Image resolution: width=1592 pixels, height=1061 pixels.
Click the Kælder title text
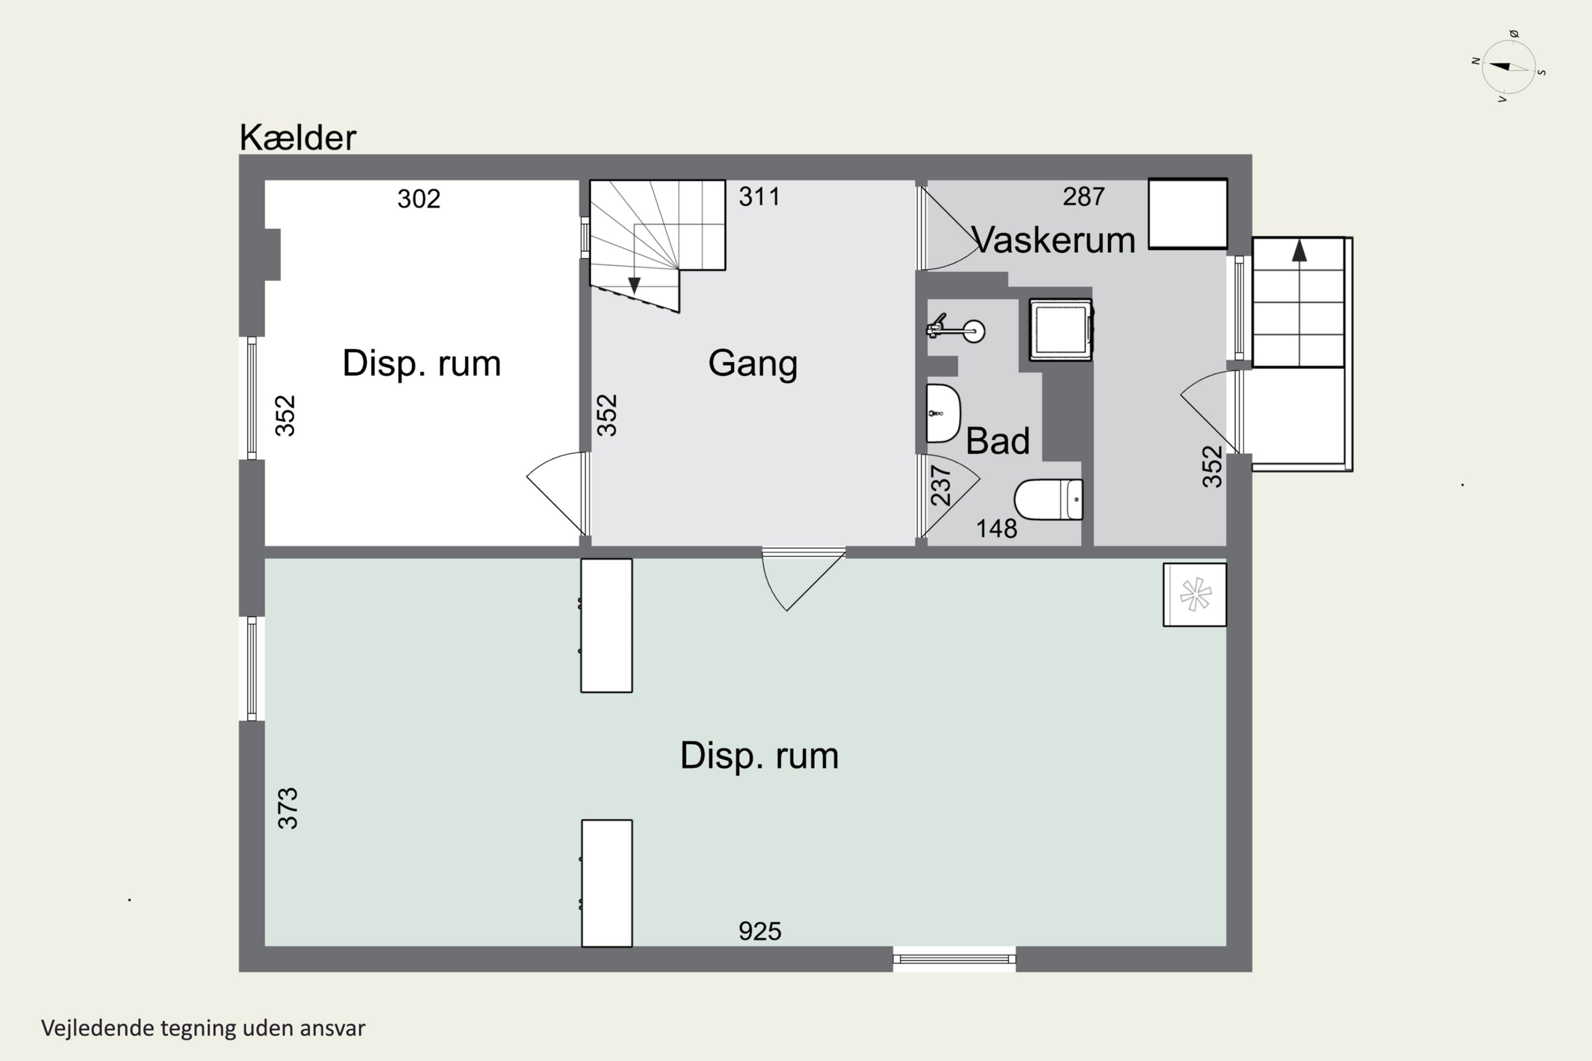tap(298, 137)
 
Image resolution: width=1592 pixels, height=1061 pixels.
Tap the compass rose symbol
tap(1508, 67)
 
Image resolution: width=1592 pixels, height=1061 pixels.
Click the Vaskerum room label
tap(1053, 240)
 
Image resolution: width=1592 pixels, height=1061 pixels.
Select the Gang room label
tap(752, 363)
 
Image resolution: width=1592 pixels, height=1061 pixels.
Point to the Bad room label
tap(997, 441)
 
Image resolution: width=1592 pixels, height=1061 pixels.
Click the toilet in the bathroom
tap(1048, 499)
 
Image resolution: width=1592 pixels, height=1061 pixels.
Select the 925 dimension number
tap(759, 932)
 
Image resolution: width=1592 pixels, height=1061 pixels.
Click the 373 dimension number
tap(288, 808)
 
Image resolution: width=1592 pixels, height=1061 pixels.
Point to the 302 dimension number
tap(418, 199)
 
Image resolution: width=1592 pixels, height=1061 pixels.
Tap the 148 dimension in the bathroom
tap(996, 528)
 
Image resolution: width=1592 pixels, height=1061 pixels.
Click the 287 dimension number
tap(1083, 197)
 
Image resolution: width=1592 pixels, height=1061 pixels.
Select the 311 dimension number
tap(759, 197)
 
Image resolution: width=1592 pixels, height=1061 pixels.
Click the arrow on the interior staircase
tap(634, 285)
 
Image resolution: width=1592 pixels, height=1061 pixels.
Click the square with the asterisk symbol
tap(1195, 595)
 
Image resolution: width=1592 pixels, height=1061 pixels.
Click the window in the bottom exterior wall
tap(954, 958)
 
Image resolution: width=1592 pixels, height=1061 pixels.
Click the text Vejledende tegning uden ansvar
tap(203, 1028)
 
